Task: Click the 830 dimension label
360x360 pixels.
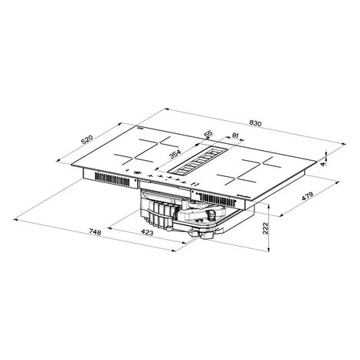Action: click(x=255, y=123)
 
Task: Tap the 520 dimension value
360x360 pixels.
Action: click(x=87, y=139)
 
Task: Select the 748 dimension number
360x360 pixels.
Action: click(x=95, y=232)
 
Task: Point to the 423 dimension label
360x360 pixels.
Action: click(x=147, y=232)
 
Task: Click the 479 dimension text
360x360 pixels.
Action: click(x=307, y=196)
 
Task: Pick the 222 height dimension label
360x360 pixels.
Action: click(x=265, y=228)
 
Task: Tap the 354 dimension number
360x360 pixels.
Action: click(x=175, y=154)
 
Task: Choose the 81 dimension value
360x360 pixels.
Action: click(x=234, y=136)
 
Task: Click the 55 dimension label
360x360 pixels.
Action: click(x=208, y=134)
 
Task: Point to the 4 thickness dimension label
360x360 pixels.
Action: click(x=323, y=164)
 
